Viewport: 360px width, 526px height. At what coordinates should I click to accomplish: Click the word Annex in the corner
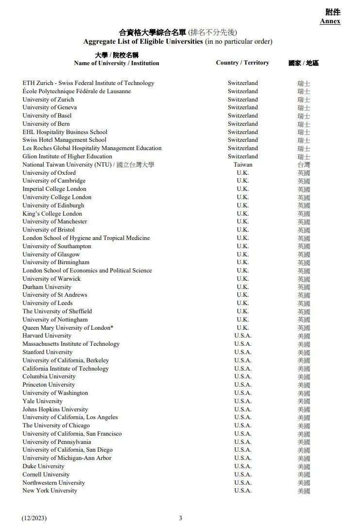pos(330,21)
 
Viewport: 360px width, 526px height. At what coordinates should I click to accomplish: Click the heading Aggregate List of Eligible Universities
pos(143,42)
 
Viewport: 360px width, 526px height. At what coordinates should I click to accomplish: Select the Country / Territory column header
pos(242,63)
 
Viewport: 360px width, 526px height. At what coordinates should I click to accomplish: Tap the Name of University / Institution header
pos(117,63)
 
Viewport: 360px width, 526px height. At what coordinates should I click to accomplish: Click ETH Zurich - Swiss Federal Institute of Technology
pos(88,83)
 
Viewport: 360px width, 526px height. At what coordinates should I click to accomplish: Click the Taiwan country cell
pos(243,165)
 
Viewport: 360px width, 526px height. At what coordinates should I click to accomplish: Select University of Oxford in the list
pos(49,173)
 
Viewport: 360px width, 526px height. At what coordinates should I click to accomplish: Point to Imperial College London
pos(54,189)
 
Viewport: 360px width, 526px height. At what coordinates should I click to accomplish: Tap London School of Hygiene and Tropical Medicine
pos(86,238)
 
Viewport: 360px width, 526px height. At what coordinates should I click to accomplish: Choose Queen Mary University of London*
pos(68,328)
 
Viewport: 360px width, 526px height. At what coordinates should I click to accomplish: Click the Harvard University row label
pos(47,336)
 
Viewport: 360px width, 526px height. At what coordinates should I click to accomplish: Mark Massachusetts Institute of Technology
pos(71,344)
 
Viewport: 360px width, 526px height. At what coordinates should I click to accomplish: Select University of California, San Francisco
pos(72,434)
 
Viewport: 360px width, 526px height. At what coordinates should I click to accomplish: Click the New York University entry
pos(50,491)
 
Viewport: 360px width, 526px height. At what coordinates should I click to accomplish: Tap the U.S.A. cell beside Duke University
pos(243,466)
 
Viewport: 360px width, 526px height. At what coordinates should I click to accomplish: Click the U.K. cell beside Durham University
pos(243,287)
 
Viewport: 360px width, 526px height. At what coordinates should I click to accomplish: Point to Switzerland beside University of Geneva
pos(243,107)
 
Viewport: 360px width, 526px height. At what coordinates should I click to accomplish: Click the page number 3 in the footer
pos(180,518)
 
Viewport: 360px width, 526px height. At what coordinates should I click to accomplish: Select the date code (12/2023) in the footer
pos(34,518)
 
